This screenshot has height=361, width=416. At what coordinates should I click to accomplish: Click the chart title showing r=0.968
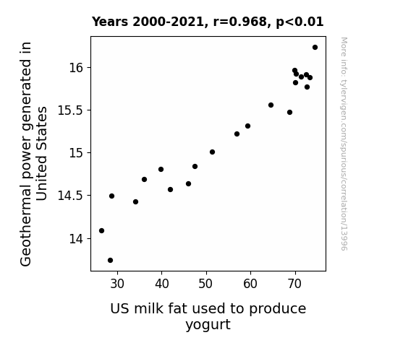tap(208, 22)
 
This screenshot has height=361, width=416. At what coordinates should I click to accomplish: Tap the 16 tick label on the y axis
tap(76, 68)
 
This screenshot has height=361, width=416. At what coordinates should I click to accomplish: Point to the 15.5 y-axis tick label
tap(70, 110)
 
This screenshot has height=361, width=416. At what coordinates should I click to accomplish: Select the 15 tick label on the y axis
tap(76, 153)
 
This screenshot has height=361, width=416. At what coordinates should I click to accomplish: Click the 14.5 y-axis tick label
tap(70, 196)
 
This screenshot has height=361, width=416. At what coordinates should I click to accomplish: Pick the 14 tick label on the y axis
tap(76, 239)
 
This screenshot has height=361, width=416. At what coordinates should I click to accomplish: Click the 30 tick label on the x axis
tap(117, 284)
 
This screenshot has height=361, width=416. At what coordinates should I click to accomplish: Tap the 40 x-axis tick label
tap(162, 284)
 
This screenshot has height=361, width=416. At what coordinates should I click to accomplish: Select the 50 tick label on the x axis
tap(206, 284)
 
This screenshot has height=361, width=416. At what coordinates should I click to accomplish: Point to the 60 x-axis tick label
tap(250, 284)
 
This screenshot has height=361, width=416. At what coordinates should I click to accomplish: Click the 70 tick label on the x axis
tap(294, 284)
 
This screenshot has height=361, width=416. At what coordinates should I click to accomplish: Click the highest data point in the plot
tap(315, 48)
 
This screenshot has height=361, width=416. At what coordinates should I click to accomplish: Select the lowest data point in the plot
tap(111, 261)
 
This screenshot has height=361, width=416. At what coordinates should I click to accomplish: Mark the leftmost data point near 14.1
tap(101, 231)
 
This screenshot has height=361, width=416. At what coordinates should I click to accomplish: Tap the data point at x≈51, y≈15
tap(212, 152)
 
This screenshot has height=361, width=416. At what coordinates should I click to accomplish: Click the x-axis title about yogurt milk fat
tap(208, 316)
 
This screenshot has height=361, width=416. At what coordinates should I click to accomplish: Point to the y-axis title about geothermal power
tap(33, 154)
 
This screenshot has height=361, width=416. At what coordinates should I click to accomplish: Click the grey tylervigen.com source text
tap(344, 144)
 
